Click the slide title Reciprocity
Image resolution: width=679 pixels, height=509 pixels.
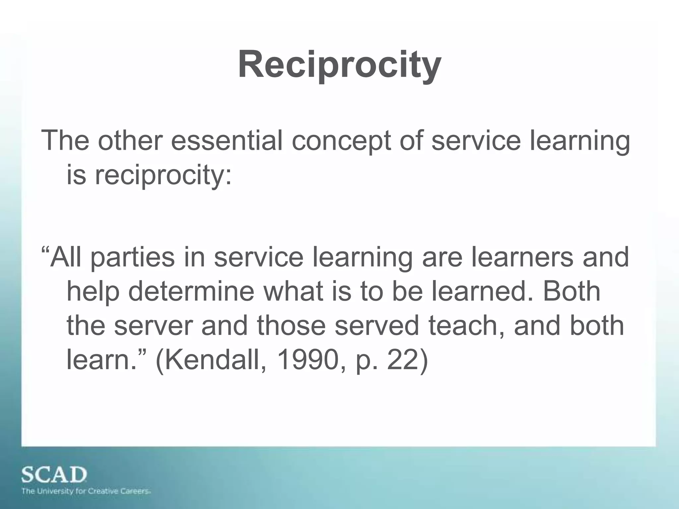coord(339,64)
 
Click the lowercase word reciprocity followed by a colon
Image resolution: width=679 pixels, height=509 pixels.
coord(163,176)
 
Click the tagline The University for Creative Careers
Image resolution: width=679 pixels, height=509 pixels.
coord(86,491)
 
